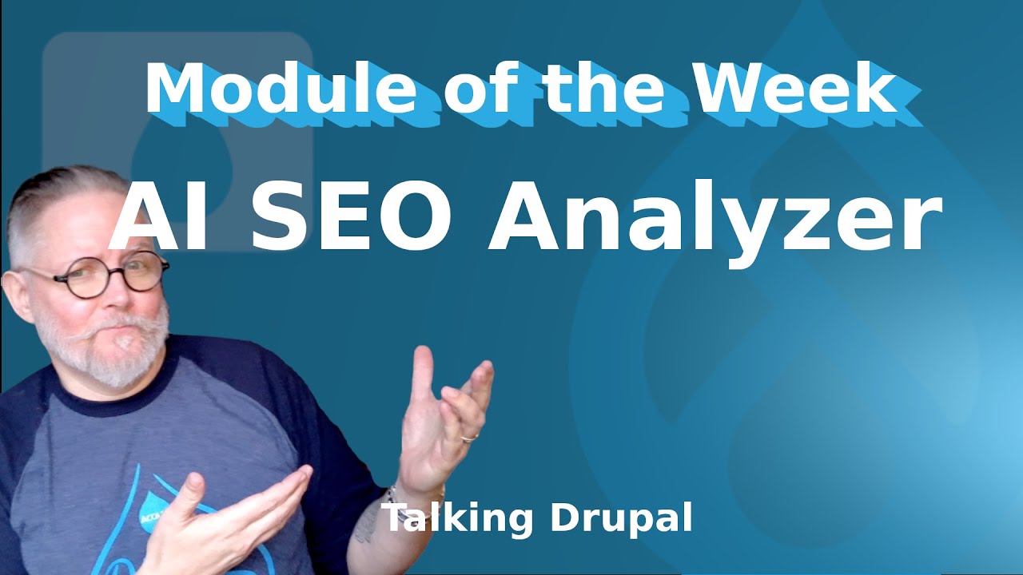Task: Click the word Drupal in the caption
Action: (621, 518)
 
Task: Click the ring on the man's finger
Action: (469, 438)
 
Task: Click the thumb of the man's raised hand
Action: (423, 375)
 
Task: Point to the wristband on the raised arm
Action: (391, 496)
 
